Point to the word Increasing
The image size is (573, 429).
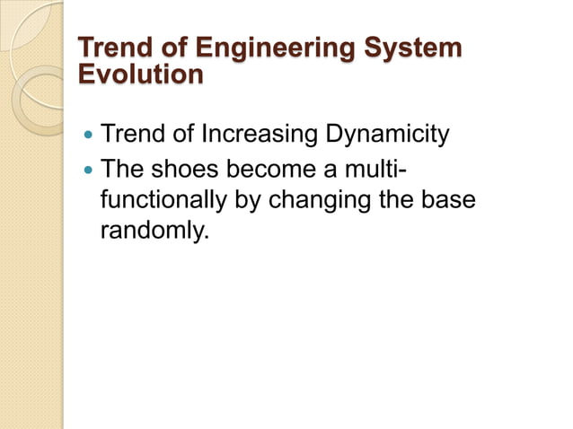[x=267, y=136]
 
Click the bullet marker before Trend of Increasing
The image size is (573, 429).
[x=87, y=136]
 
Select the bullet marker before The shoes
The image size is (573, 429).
[x=87, y=169]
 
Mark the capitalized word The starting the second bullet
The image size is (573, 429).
[x=127, y=168]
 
